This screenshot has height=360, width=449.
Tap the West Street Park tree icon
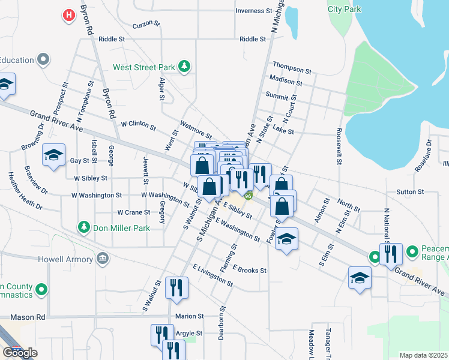point(185,67)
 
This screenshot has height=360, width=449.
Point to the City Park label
point(345,9)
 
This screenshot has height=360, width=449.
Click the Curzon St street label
point(147,25)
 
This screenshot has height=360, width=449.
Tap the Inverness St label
point(250,11)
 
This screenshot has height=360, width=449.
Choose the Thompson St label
point(292,67)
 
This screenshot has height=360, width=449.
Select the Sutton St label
point(410,192)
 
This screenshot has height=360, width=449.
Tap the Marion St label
point(190,316)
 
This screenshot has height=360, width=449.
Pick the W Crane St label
point(133,212)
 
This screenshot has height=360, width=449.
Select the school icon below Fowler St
point(287,239)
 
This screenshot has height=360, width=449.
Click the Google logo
point(20,353)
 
